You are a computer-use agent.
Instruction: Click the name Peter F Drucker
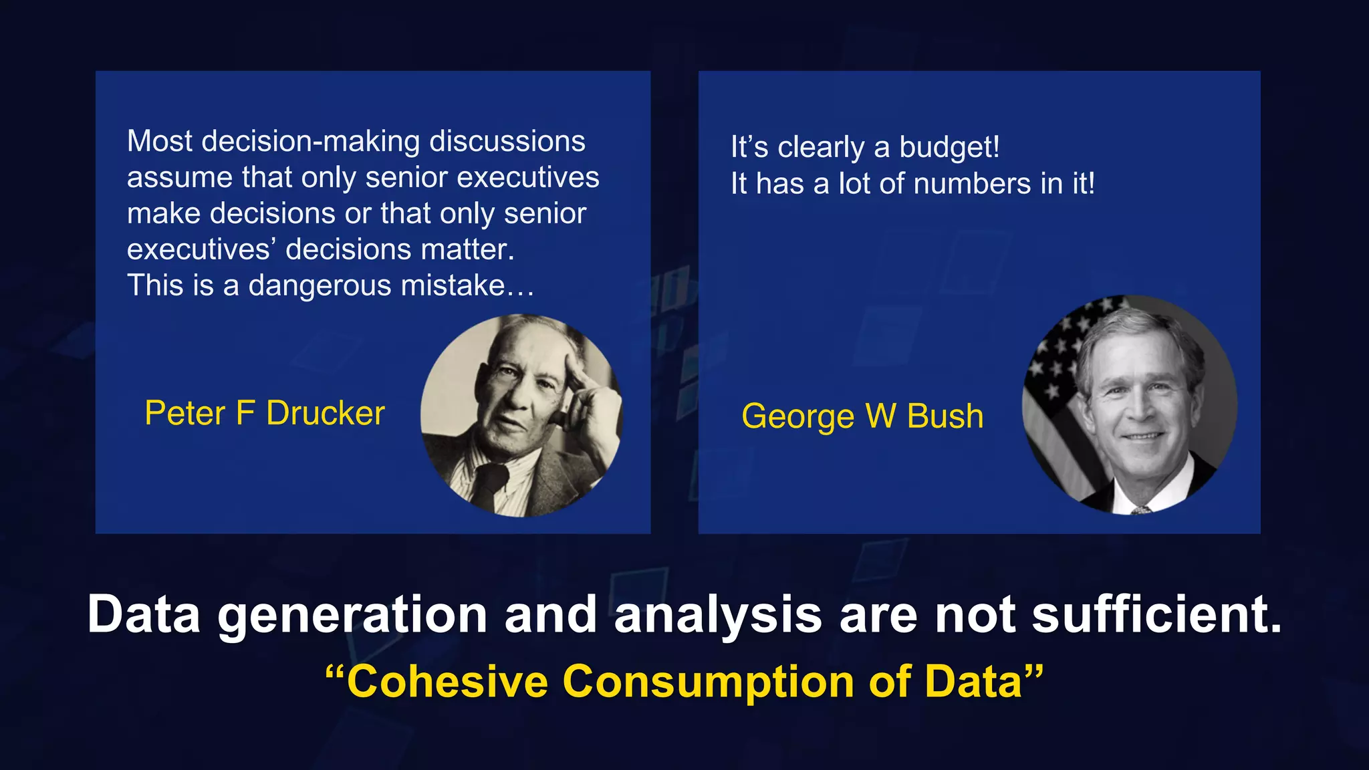click(265, 413)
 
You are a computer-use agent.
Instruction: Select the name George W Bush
click(862, 416)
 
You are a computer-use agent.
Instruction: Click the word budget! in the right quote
click(949, 147)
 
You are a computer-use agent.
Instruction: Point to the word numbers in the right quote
click(972, 184)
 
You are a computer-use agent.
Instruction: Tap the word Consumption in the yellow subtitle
click(709, 682)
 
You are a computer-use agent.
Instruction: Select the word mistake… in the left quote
click(467, 285)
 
